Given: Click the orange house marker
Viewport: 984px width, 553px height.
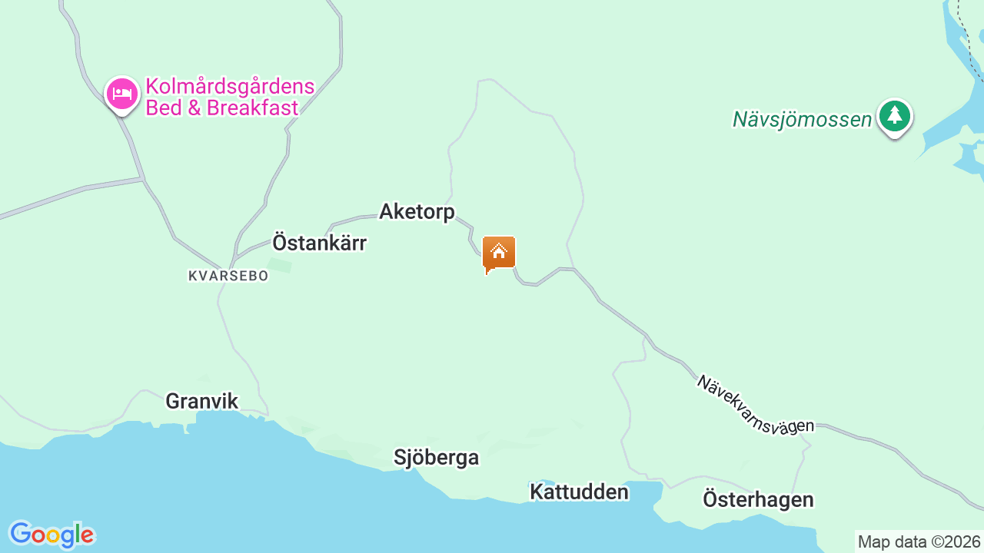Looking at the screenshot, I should (498, 253).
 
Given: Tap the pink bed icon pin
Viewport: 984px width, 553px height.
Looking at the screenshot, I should (121, 94).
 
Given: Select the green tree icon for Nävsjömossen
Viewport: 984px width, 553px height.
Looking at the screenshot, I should (894, 117).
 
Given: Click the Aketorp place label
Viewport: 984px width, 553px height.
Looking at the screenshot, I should (417, 211).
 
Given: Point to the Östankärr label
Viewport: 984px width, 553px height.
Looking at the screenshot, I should (319, 243).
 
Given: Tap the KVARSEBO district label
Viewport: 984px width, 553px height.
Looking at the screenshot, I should (228, 275).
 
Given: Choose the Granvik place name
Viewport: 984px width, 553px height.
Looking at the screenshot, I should (201, 401).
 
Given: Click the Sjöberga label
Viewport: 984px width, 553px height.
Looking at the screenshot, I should (436, 457).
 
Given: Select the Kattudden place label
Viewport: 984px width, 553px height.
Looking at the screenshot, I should (579, 492).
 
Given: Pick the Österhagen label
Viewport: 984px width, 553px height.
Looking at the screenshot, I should (758, 499).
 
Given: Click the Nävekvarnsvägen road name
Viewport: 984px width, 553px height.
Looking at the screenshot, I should (755, 404).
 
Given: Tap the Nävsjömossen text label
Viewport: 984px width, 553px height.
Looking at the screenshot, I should (802, 119).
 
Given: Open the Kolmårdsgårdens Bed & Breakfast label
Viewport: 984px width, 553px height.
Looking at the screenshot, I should (230, 97).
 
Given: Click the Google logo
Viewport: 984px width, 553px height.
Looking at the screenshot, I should (52, 535).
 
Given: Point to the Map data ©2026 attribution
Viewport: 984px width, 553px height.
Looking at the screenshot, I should (919, 541).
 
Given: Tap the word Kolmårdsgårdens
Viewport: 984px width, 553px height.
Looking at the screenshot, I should (230, 86).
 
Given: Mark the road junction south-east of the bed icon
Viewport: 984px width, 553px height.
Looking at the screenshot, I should (144, 180).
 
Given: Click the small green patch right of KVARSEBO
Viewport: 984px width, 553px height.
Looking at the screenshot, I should (280, 266).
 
